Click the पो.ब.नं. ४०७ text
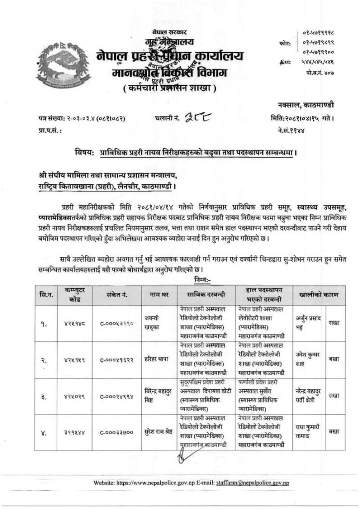click(318, 73)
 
